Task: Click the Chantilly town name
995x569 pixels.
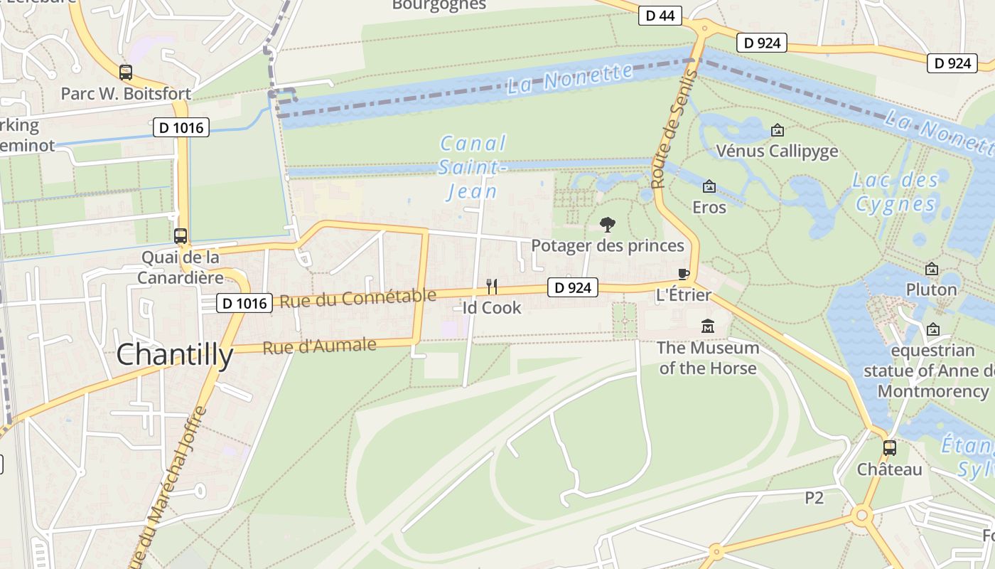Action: click(174, 354)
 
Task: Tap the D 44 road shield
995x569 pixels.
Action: click(660, 16)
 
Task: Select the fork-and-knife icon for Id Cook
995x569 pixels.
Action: click(491, 287)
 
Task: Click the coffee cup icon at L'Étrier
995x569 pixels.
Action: click(684, 275)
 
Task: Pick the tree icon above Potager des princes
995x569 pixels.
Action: click(607, 225)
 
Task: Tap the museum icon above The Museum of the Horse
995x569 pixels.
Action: click(707, 326)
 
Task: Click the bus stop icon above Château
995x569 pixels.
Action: click(889, 448)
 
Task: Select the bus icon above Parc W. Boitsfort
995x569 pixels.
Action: click(126, 72)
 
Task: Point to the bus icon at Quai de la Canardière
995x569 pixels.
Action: click(181, 236)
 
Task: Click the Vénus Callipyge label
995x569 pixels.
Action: click(777, 151)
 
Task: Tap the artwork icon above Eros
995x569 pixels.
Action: click(709, 186)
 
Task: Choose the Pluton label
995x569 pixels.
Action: click(931, 289)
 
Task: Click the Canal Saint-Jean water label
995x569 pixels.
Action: click(473, 167)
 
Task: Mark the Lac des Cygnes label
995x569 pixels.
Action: click(895, 192)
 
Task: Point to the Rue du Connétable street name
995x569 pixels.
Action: click(357, 299)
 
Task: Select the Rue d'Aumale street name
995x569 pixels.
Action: click(319, 347)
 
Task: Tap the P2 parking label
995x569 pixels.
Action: click(814, 498)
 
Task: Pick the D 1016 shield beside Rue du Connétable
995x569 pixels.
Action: click(244, 304)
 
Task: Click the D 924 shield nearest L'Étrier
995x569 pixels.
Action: click(573, 288)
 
